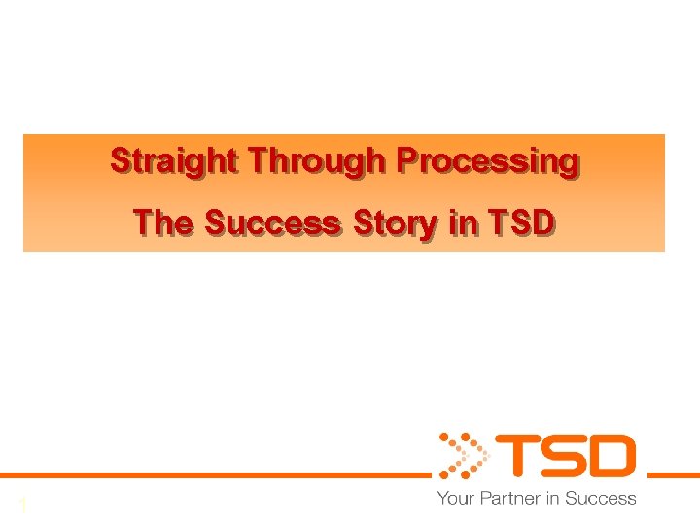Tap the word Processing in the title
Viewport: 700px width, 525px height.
pos(495,160)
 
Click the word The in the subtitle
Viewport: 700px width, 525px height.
pos(163,223)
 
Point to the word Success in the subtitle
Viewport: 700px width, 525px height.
pos(273,223)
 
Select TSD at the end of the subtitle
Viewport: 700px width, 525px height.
pos(521,223)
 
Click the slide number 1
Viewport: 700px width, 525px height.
pos(21,506)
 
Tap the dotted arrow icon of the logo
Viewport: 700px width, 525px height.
pos(461,455)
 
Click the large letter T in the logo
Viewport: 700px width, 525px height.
pos(516,456)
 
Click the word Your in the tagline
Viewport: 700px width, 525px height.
pos(454,499)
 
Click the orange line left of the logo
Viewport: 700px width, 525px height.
pos(214,475)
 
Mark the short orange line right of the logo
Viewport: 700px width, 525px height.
pos(674,475)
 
